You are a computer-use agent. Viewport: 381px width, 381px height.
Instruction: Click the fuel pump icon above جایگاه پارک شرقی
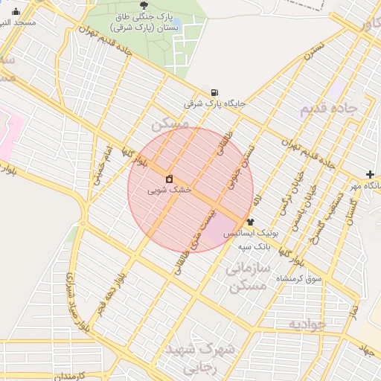point(215,91)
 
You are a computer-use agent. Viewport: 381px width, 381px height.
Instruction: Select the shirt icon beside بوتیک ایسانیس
point(249,221)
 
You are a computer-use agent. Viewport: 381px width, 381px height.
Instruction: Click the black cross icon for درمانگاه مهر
point(371,174)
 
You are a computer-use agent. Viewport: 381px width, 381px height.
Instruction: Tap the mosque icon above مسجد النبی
point(16,11)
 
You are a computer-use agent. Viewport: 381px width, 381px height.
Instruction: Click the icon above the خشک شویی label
point(170,179)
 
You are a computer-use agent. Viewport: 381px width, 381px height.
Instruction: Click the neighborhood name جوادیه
point(308,324)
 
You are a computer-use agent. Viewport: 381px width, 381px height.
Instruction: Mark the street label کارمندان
point(71,374)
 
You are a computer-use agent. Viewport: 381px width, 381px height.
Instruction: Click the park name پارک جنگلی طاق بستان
point(144,21)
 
